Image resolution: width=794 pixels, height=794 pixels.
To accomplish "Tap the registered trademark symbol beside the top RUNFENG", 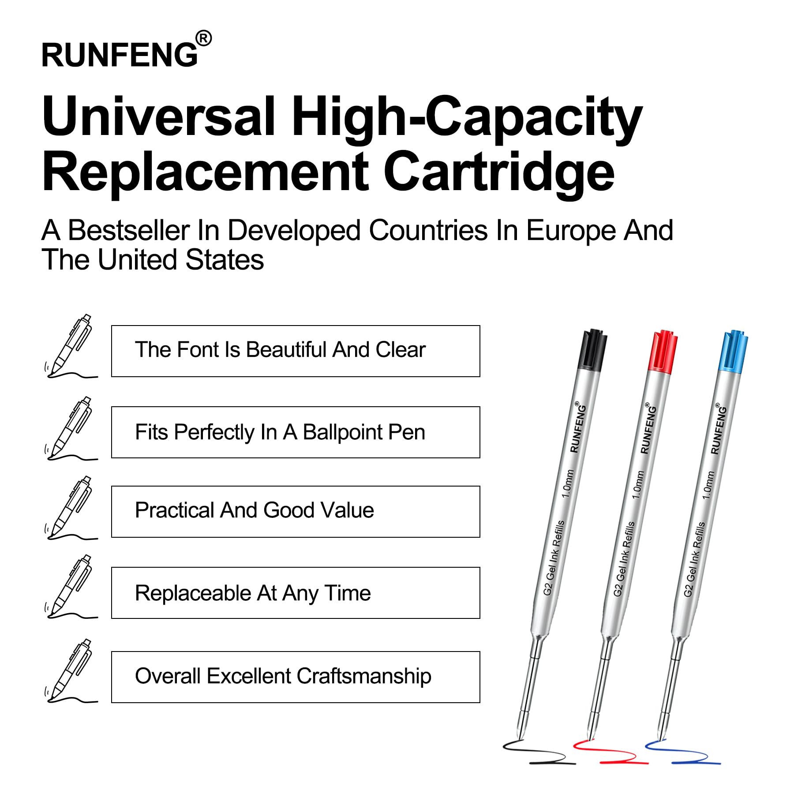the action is tap(203, 38).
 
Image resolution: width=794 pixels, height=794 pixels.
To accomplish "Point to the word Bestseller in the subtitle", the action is tap(129, 230).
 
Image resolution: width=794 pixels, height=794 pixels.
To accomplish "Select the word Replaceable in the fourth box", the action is tap(193, 593).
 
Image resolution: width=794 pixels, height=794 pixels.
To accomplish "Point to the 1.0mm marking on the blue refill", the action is tap(708, 485).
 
